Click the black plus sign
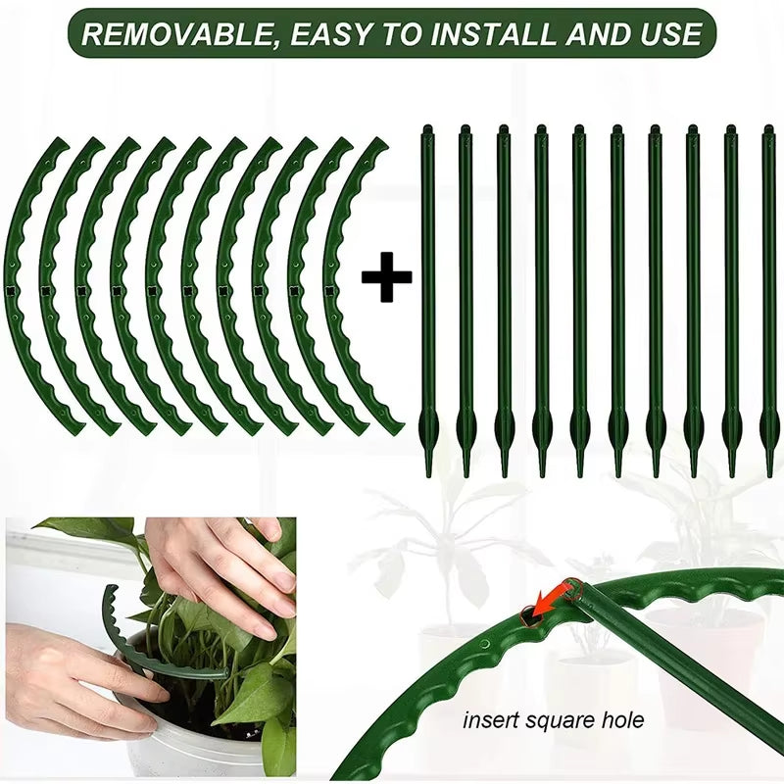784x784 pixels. point(386,280)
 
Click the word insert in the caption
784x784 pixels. point(489,721)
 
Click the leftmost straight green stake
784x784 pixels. point(428,294)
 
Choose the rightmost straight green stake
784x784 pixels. point(768,294)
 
